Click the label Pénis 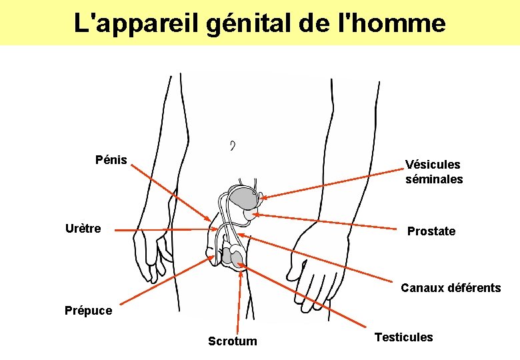point(111,160)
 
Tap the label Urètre point(83,229)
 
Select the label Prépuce point(89,310)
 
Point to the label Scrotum point(232,341)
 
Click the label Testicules point(403,337)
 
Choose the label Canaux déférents point(451,288)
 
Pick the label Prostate point(431,231)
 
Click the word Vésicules point(433,165)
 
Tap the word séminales point(434,179)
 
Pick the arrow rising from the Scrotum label point(235,300)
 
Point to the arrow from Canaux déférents point(320,260)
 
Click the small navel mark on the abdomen point(232,145)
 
